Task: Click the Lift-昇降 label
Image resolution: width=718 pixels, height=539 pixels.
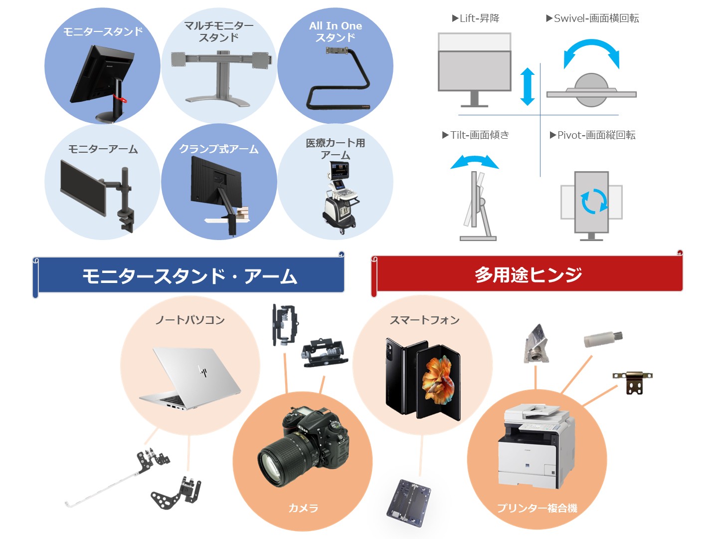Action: point(476,18)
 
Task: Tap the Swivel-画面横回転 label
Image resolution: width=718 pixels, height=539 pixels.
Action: point(592,18)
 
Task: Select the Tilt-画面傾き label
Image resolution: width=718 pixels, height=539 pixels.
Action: point(476,135)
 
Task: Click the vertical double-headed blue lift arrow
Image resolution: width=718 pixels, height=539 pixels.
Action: point(528,86)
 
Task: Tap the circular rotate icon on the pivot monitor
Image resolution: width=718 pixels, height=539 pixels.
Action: point(594,201)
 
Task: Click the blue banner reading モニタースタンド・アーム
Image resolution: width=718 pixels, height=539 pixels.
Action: point(188,276)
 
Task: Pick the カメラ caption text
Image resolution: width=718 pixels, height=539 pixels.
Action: point(303,508)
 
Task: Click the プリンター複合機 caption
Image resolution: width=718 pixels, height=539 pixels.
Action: point(537,508)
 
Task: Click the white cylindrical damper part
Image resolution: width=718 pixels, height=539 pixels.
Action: point(603,339)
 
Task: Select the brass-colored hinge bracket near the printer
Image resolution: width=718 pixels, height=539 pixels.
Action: point(632,382)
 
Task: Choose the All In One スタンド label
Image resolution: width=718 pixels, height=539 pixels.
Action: point(335,31)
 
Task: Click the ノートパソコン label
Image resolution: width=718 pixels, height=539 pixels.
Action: point(190,320)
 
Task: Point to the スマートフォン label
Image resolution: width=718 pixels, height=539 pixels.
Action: point(425,320)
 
